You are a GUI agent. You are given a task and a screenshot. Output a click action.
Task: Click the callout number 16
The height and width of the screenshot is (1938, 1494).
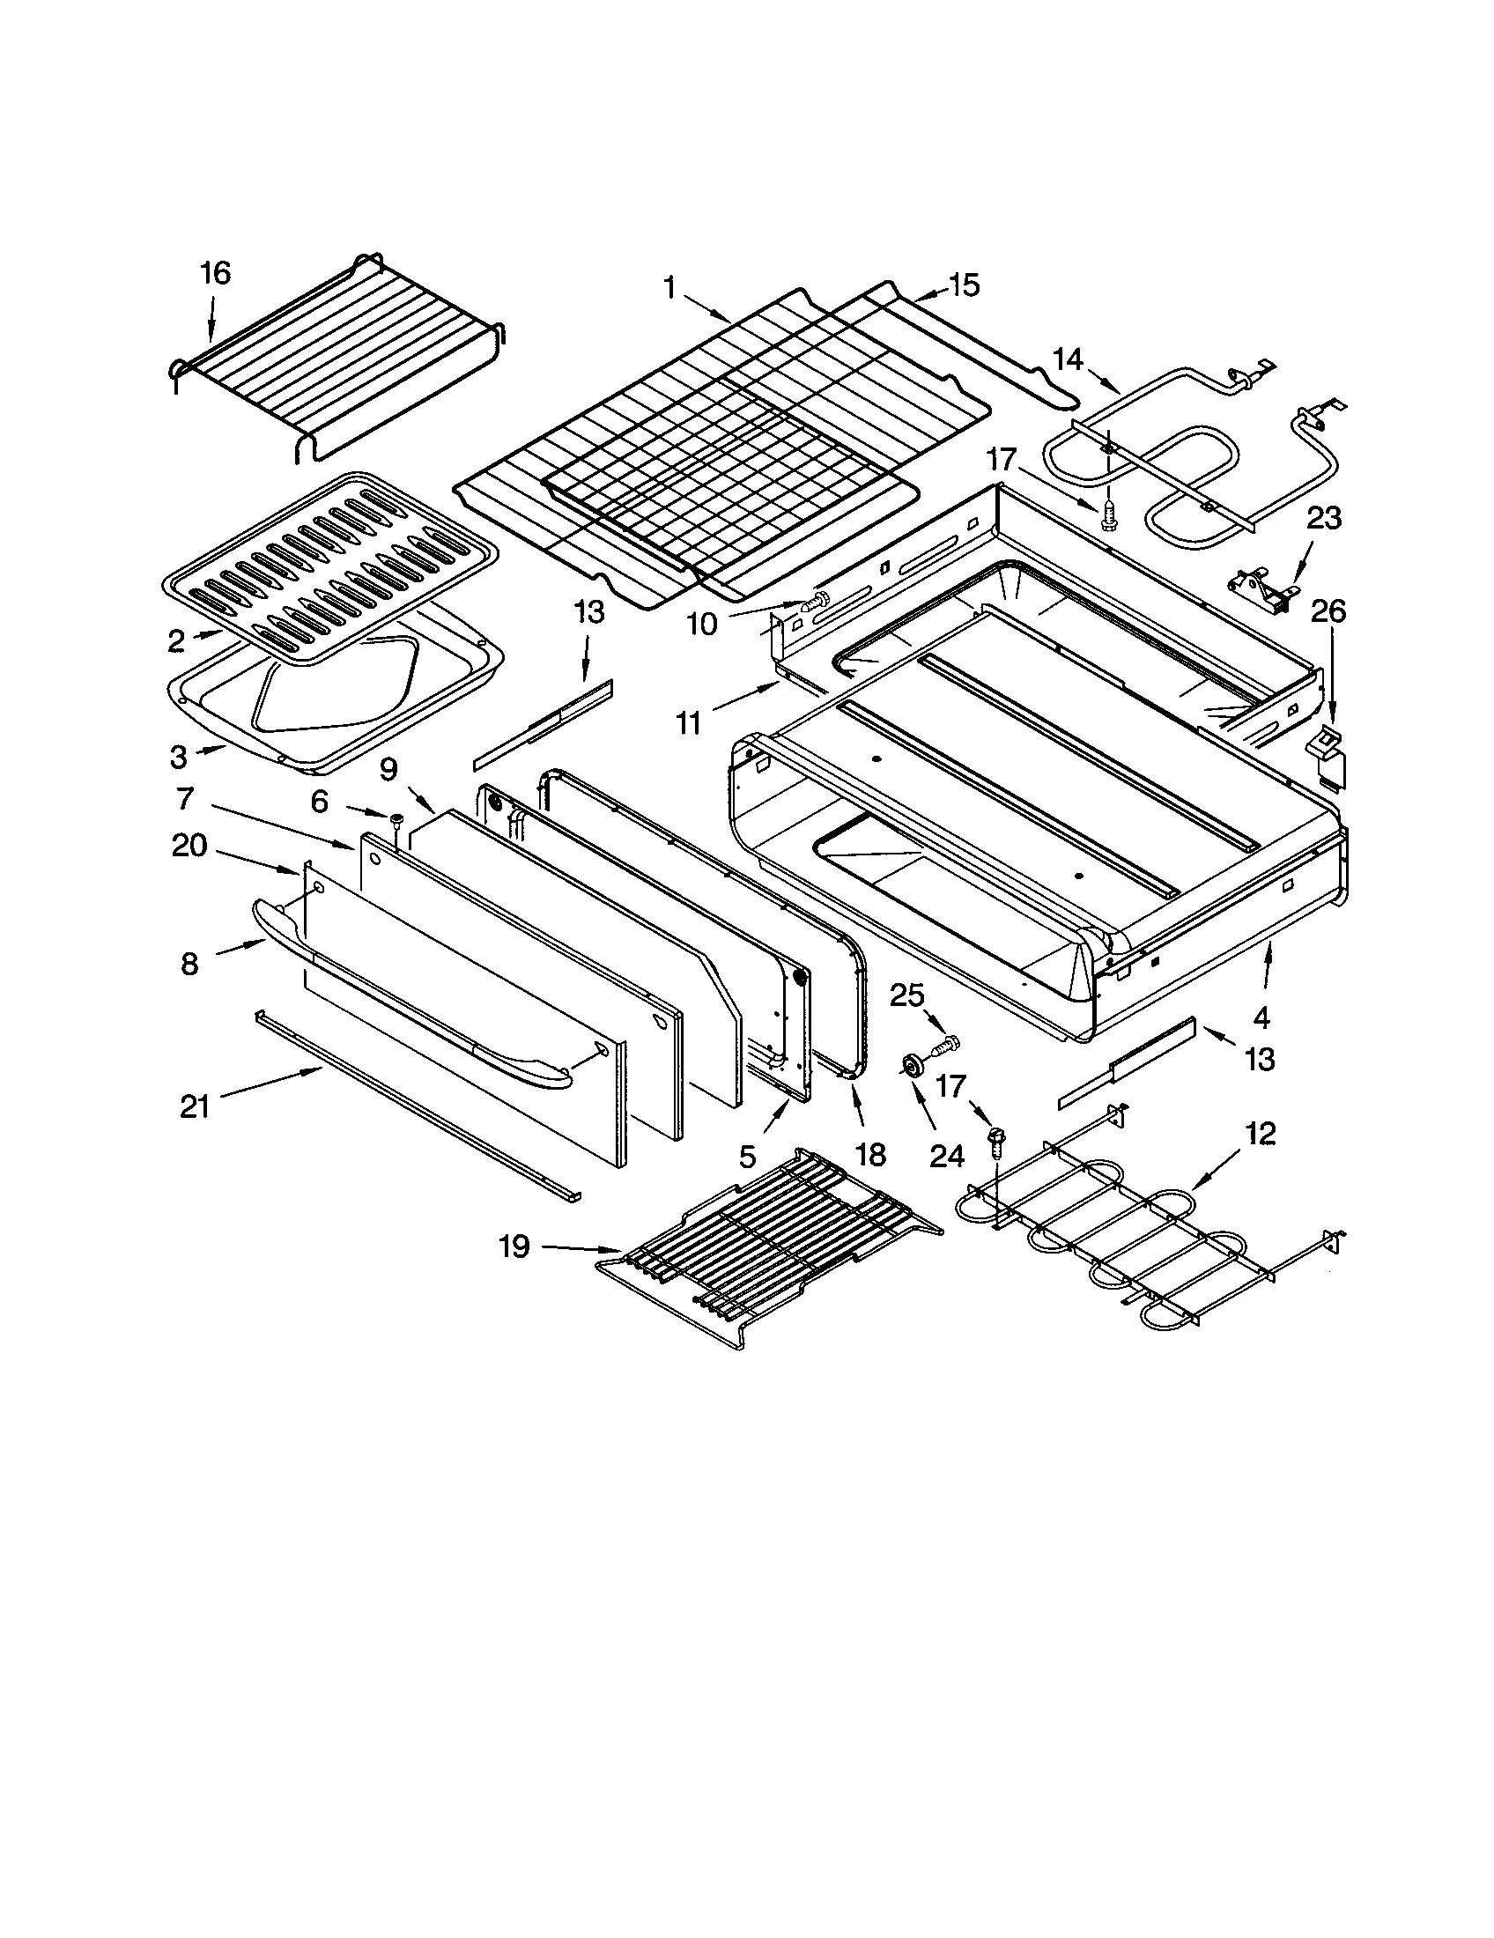[x=216, y=273]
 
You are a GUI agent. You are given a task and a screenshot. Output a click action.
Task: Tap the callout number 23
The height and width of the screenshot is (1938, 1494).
[x=1324, y=517]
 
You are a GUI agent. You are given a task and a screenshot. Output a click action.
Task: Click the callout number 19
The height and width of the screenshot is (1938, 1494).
[x=514, y=1246]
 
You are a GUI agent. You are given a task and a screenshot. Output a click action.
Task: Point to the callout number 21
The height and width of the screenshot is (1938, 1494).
[x=195, y=1106]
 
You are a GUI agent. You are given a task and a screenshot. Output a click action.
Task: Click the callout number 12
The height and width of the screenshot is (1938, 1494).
[x=1260, y=1133]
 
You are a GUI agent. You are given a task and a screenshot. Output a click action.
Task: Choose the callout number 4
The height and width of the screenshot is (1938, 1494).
[x=1261, y=1017]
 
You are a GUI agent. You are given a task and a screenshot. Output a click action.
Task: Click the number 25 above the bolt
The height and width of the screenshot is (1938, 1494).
[x=906, y=995]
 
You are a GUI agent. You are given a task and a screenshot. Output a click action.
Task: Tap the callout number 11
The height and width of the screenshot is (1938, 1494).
[x=689, y=723]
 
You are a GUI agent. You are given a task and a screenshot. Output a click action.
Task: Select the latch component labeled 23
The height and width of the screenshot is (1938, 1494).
[x=1260, y=588]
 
